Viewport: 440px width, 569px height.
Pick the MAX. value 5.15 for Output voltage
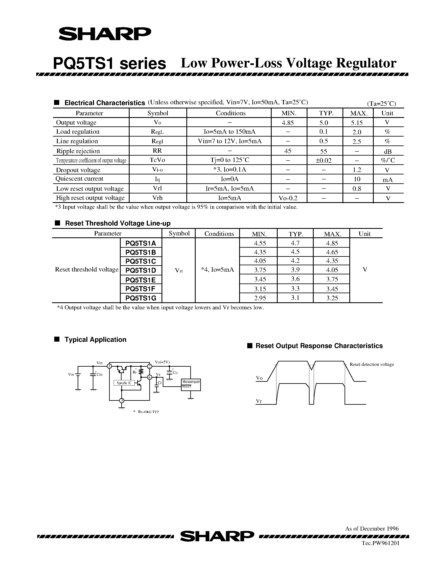tap(357, 123)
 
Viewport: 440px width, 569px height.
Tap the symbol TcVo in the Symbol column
tap(157, 160)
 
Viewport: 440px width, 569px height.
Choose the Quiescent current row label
tap(79, 179)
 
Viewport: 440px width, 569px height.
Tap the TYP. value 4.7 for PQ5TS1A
tap(295, 243)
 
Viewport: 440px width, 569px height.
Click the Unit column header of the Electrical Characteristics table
tap(387, 113)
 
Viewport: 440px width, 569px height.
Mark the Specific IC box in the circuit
tap(124, 383)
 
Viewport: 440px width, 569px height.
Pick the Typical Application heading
tap(95, 340)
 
